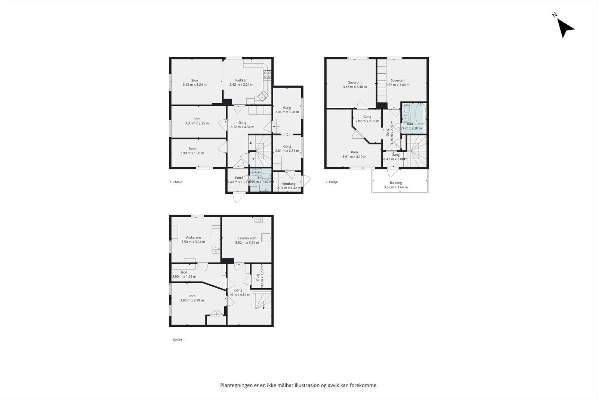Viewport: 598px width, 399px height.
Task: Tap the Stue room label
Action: click(x=195, y=80)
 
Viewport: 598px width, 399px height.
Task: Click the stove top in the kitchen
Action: click(x=267, y=74)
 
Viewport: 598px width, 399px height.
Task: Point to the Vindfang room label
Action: click(x=289, y=184)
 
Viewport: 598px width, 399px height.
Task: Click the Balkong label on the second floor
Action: click(x=396, y=183)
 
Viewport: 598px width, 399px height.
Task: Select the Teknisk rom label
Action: click(x=247, y=238)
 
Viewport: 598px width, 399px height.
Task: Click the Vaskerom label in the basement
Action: click(x=193, y=237)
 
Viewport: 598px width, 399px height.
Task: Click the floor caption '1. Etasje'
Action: click(x=176, y=182)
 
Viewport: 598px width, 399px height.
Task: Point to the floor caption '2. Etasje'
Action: click(x=332, y=182)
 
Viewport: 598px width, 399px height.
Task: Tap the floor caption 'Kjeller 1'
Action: click(x=179, y=340)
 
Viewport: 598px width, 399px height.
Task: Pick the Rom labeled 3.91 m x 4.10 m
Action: click(x=354, y=154)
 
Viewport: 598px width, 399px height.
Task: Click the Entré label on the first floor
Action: click(x=239, y=178)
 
